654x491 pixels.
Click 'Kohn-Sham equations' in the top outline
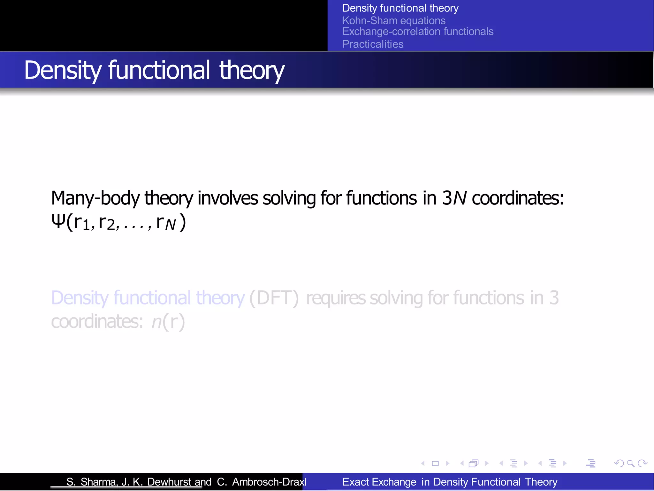pyautogui.click(x=393, y=21)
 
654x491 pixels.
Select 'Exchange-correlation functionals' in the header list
pyautogui.click(x=417, y=32)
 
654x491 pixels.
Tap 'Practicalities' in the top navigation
pyautogui.click(x=373, y=44)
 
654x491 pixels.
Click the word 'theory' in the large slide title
pyautogui.click(x=251, y=70)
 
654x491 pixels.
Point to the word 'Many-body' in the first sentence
pyautogui.click(x=95, y=198)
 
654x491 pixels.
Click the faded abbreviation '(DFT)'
pyautogui.click(x=274, y=298)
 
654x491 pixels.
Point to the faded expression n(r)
pyautogui.click(x=168, y=321)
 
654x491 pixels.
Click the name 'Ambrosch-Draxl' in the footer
pyautogui.click(x=269, y=482)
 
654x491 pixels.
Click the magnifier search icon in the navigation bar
pyautogui.click(x=630, y=463)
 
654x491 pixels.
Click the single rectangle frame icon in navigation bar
pyautogui.click(x=435, y=463)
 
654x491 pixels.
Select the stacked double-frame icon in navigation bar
pyautogui.click(x=474, y=463)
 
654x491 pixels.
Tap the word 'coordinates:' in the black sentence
pyautogui.click(x=518, y=198)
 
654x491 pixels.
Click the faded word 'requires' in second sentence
pyautogui.click(x=336, y=298)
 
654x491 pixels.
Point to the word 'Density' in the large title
pyautogui.click(x=63, y=70)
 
